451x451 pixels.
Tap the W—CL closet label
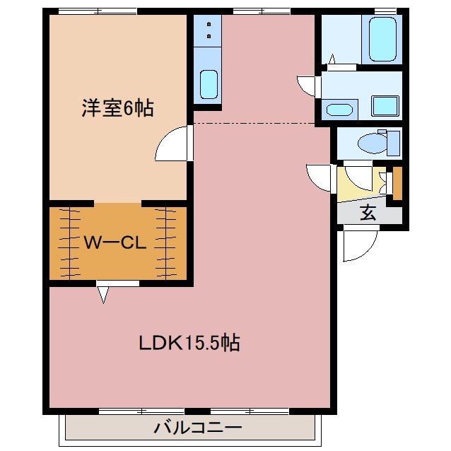(115, 242)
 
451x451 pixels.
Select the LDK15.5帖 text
(189, 344)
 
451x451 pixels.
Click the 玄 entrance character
(368, 212)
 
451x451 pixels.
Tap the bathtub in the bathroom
(382, 40)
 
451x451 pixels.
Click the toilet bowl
(369, 144)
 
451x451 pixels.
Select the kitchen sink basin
(208, 85)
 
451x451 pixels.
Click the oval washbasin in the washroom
(341, 110)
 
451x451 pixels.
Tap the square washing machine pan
(386, 107)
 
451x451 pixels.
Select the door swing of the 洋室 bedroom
(172, 144)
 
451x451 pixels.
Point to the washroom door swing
(309, 85)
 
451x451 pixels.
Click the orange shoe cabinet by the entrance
(397, 182)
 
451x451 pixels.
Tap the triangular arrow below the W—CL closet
(104, 293)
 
